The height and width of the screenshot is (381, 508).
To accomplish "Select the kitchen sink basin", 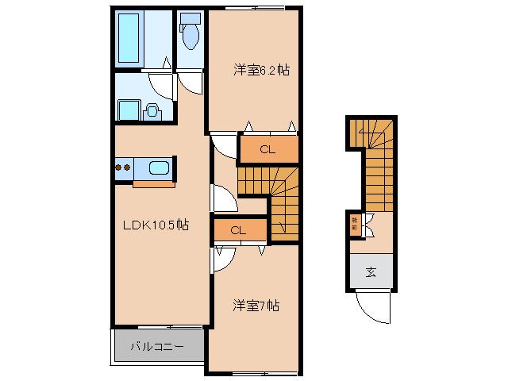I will point(159,168).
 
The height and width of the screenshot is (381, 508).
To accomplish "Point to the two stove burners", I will point(123,167).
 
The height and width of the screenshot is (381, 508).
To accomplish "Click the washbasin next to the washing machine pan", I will point(151,111).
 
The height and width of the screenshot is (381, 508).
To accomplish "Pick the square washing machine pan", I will point(128,109).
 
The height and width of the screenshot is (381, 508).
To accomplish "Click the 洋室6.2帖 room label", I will point(260,71).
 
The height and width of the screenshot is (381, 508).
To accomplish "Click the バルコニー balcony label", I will point(157,347).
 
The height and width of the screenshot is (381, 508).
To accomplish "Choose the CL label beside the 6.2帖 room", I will point(268,149).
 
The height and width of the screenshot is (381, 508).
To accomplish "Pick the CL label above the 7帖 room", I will point(237,230).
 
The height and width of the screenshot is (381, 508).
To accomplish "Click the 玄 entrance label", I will point(370,274).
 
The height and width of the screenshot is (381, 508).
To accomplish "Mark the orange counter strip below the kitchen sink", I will point(154,184).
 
